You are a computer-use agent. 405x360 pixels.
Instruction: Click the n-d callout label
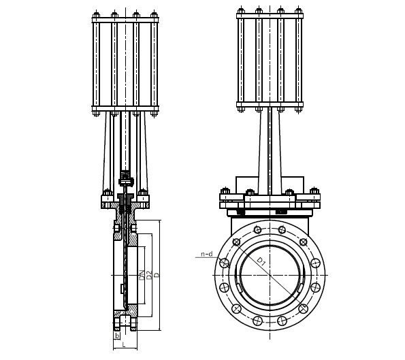[x=207, y=254]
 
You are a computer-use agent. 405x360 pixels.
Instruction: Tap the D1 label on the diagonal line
[x=261, y=262]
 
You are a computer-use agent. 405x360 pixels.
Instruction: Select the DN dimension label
[x=142, y=276]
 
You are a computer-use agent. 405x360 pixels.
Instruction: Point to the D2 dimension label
[x=148, y=276]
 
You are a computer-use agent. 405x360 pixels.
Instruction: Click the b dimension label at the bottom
[x=117, y=336]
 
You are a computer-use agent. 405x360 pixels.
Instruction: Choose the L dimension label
[x=124, y=344]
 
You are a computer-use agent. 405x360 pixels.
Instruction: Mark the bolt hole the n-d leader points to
[x=224, y=263]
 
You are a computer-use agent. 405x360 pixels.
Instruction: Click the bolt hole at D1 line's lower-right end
[x=303, y=308]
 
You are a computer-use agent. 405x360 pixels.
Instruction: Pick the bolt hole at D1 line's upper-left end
[x=237, y=242]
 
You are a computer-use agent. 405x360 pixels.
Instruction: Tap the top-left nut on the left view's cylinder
[x=96, y=14]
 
